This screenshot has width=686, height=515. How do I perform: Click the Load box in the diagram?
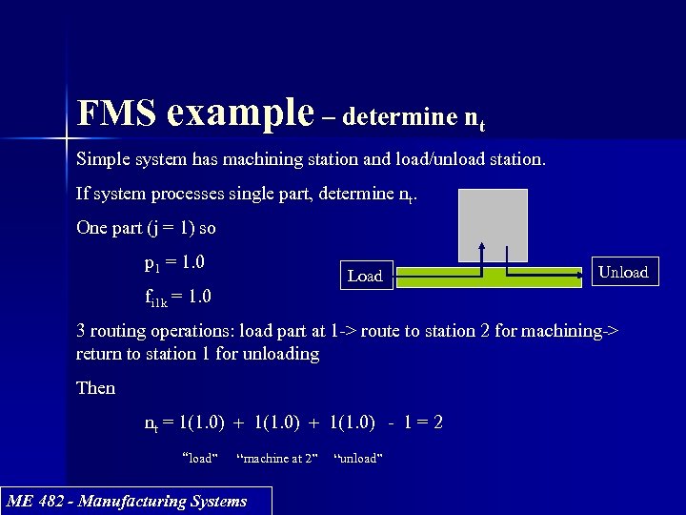(365, 277)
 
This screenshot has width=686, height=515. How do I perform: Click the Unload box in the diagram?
(622, 272)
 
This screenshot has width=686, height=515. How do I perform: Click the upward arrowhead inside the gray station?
(482, 247)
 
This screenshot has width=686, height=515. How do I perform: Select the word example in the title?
(239, 113)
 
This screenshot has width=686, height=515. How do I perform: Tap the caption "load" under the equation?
(200, 459)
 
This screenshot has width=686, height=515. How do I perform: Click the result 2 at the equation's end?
(437, 422)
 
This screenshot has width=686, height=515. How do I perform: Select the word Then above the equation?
(95, 388)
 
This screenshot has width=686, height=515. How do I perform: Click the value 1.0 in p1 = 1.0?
(193, 262)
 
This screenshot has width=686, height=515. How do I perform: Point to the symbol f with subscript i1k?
(154, 298)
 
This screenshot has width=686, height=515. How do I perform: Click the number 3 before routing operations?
(81, 331)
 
